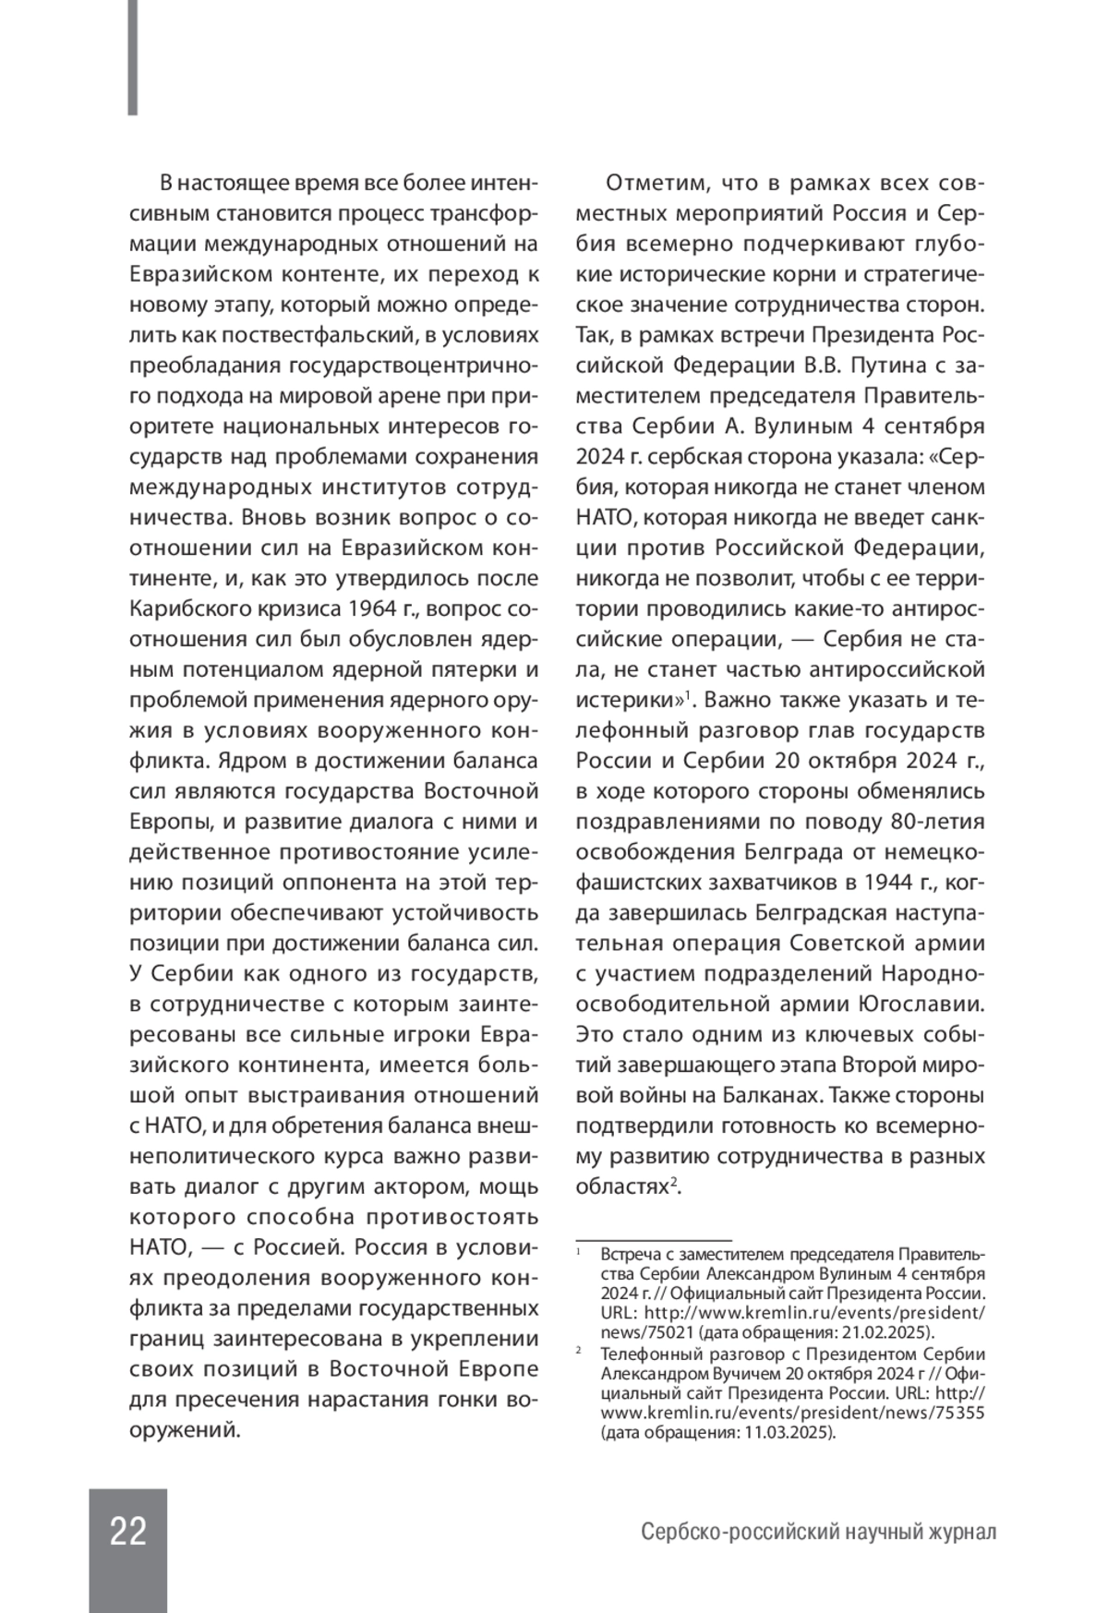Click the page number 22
click(128, 1531)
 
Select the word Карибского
click(188, 609)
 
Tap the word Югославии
click(931, 1004)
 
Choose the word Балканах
click(775, 1095)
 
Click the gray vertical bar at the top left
click(133, 57)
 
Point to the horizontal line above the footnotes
click(653, 1240)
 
